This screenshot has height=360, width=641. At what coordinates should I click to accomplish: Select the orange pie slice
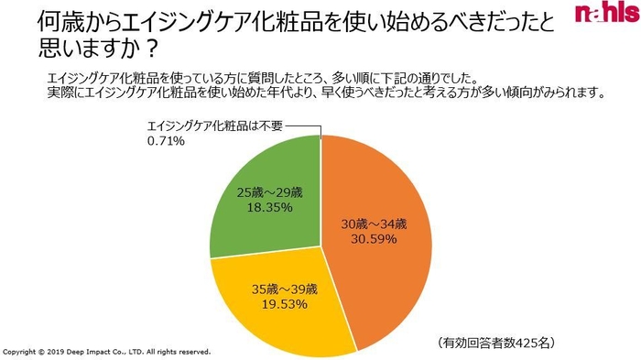tap(385, 266)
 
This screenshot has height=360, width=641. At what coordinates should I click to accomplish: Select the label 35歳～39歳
tap(284, 289)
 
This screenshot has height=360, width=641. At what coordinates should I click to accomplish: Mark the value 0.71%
tap(167, 142)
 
